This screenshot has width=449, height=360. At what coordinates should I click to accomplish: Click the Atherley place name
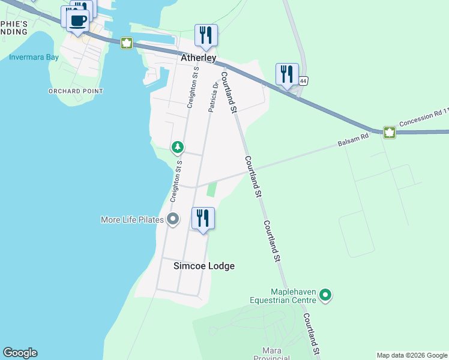pos(199,58)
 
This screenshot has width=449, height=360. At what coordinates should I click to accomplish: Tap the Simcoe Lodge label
pos(204,266)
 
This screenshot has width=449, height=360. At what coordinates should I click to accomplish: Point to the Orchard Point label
pos(76,91)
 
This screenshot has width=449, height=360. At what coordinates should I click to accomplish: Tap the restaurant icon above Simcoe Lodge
pos(203,218)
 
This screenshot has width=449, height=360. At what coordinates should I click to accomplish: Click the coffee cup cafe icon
pos(77,21)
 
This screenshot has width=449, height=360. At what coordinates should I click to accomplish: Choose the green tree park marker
pos(177,146)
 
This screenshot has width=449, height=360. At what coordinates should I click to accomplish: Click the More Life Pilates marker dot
pos(173,219)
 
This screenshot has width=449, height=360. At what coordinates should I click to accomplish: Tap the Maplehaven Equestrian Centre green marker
pos(325,295)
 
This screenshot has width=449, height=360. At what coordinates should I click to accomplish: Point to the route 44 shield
pos(304,80)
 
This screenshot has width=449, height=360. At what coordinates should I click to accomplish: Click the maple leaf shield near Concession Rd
pos(390,133)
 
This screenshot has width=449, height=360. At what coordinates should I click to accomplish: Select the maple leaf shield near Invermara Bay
pos(127,43)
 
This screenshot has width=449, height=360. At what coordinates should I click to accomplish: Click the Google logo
pos(20,353)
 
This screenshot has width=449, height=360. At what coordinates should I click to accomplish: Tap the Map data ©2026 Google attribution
pos(412,355)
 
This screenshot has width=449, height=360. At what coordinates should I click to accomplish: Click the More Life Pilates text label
pos(132,220)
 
